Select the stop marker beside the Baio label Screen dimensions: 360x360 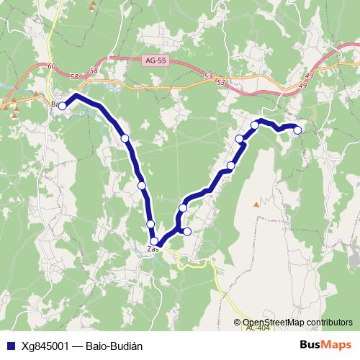tap(63, 106)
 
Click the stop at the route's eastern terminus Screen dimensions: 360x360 tap(297, 130)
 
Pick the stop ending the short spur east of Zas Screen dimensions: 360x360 tap(187, 231)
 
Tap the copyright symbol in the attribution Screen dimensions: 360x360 tap(238, 323)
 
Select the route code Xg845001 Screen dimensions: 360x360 tap(42, 346)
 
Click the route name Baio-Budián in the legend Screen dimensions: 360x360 tap(114, 346)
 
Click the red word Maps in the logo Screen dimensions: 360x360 tap(336, 345)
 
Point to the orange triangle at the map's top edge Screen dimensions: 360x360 tap(92, 6)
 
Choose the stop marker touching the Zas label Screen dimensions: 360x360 tap(154, 241)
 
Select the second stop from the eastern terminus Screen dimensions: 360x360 tap(255, 125)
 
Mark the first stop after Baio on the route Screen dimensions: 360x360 tap(125, 138)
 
